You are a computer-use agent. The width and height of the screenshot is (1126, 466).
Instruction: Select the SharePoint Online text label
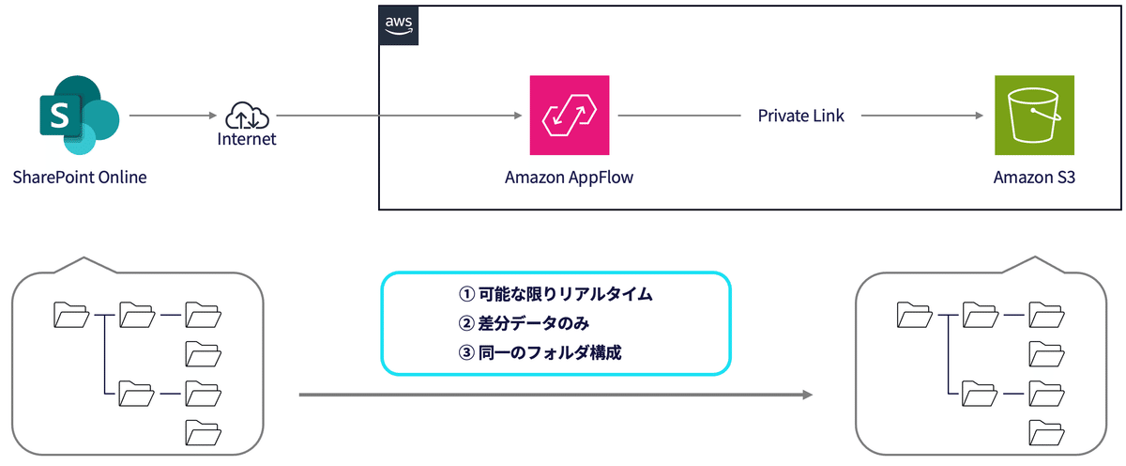(x=80, y=177)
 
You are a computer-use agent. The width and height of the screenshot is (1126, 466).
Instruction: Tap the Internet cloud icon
(x=247, y=116)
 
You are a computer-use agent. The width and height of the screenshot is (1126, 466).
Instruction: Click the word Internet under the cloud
(x=247, y=139)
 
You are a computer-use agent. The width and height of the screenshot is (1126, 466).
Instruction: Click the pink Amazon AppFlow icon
(x=569, y=116)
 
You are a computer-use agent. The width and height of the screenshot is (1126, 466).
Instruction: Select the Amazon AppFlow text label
(x=569, y=177)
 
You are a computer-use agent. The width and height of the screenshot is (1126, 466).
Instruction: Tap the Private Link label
(x=800, y=116)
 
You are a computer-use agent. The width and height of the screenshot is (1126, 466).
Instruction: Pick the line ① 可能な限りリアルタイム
(x=555, y=294)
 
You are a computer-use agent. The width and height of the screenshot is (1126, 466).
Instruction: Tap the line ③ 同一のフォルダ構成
(x=540, y=353)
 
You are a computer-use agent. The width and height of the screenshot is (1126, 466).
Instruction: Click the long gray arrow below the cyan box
(x=555, y=395)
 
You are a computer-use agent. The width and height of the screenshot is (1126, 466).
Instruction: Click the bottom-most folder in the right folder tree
(x=1046, y=432)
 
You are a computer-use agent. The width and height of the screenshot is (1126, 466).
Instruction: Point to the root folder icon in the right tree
(x=915, y=315)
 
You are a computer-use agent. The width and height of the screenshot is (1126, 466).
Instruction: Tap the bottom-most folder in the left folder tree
(x=202, y=432)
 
